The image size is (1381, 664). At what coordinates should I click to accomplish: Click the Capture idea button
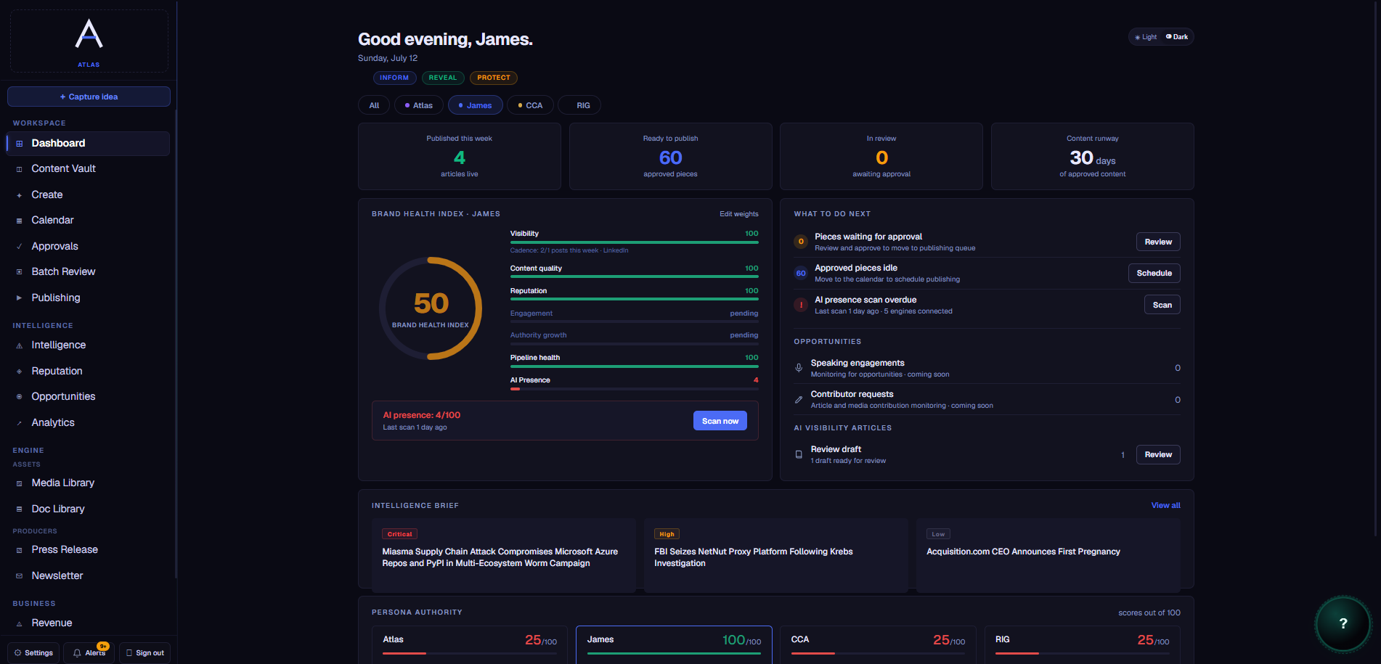pos(89,97)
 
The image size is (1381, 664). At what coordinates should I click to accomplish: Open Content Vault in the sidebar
pos(63,168)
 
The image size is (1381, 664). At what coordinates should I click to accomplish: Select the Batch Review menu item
pos(63,271)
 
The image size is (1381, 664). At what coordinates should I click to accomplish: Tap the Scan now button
pos(720,421)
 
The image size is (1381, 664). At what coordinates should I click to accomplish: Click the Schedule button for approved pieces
pos(1154,273)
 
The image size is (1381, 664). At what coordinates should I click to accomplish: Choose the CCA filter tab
pos(530,105)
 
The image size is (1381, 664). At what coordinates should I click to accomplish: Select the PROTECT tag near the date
pos(494,78)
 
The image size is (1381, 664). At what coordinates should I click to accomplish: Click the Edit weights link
pos(739,214)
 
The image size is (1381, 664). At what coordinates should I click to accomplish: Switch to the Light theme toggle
pos(1146,37)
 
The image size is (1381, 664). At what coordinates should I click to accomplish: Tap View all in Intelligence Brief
pos(1165,506)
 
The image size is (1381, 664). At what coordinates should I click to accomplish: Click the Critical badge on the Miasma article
pos(399,534)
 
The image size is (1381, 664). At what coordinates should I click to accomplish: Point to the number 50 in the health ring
pos(431,303)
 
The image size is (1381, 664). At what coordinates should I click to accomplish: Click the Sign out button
pos(145,653)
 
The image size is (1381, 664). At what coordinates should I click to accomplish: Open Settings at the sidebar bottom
pos(33,653)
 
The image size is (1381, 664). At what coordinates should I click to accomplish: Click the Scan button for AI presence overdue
pos(1162,305)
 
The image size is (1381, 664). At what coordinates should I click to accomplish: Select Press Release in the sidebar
pos(65,550)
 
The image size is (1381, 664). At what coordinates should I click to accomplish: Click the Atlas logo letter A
pos(89,33)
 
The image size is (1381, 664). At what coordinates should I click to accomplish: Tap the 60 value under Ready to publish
pos(670,157)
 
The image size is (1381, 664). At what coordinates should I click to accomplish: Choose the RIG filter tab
pos(582,105)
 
